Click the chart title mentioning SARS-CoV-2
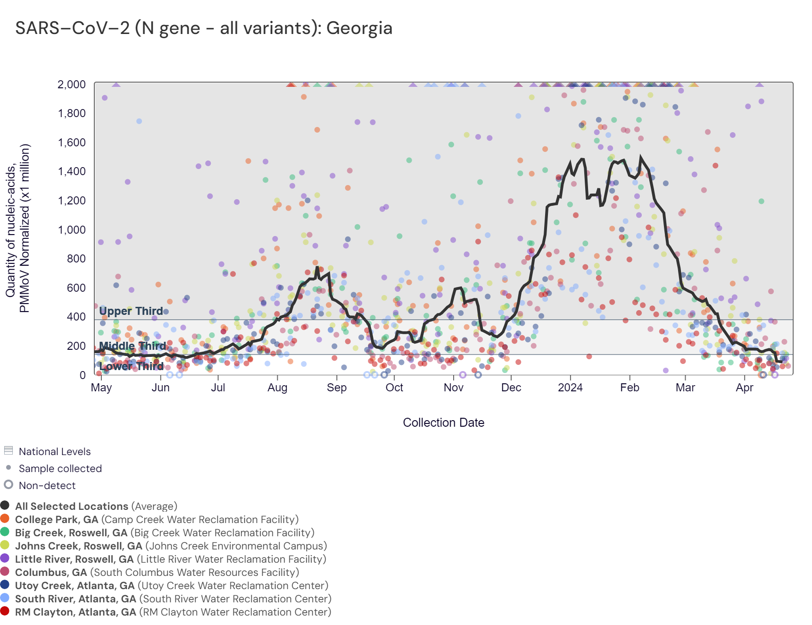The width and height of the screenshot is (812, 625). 204,28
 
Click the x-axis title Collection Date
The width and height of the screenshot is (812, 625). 443,422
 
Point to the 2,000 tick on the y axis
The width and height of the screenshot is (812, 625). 72,84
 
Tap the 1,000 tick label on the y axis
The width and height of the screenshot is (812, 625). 72,230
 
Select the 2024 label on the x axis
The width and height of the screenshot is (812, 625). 570,388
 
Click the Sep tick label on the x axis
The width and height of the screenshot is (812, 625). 337,388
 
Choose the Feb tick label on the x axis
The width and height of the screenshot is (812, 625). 630,388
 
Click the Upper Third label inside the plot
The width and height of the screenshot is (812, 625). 131,311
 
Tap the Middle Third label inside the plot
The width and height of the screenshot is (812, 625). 133,346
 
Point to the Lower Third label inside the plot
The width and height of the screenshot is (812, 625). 132,366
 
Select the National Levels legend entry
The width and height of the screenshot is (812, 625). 55,452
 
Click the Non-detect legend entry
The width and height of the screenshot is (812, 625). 47,486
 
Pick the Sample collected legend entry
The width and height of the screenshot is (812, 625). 60,469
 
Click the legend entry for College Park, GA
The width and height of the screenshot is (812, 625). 157,520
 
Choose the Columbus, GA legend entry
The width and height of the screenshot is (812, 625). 157,573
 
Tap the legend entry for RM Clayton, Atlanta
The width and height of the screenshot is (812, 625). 173,612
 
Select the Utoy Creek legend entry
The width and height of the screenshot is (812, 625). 172,586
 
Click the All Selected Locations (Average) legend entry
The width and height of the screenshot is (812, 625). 96,507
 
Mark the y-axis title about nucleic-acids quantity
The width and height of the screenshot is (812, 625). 18,228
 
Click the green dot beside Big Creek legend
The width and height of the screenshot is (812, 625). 5,532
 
